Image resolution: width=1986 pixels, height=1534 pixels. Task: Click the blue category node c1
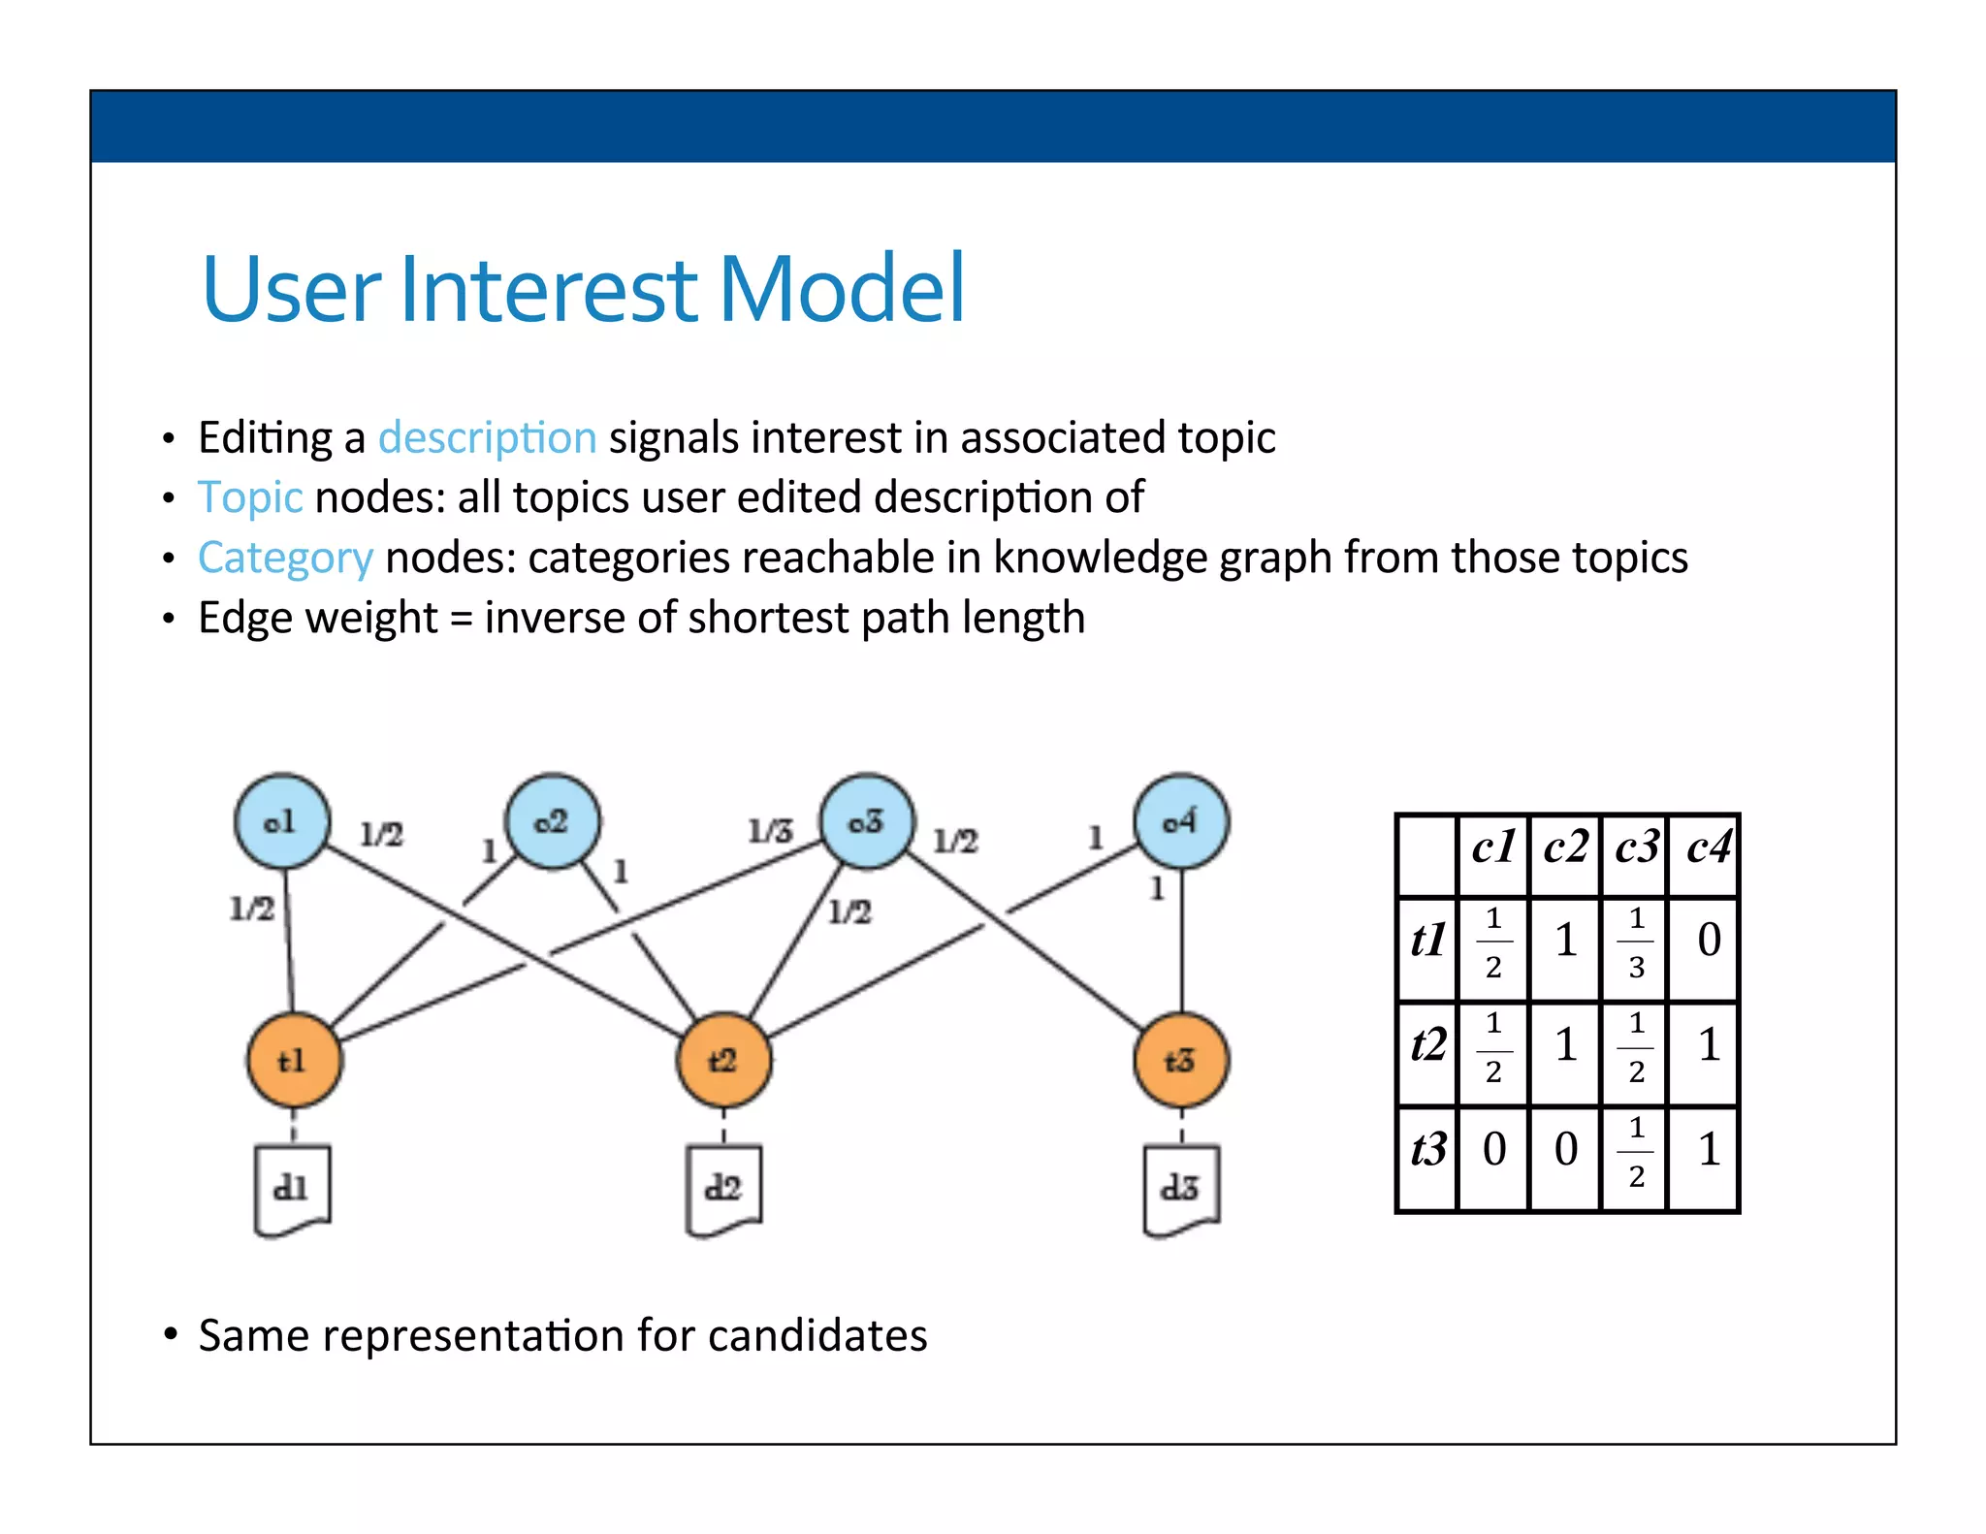point(282,821)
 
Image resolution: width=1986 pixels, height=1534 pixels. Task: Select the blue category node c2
point(553,821)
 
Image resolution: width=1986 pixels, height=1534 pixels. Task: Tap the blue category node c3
point(867,821)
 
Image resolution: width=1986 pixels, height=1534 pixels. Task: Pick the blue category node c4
point(1181,821)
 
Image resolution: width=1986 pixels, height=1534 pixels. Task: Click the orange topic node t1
point(294,1060)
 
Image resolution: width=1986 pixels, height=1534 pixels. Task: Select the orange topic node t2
point(723,1060)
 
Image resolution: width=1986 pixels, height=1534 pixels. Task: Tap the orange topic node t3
point(1180,1060)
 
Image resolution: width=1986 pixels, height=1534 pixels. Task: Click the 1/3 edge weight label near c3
point(770,831)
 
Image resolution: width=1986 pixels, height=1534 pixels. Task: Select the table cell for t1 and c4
point(1708,940)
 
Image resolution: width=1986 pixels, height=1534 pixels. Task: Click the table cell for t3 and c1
point(1493,1150)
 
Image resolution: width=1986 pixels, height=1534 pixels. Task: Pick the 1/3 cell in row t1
point(1636,942)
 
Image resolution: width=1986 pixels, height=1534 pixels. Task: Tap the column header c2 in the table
point(1565,848)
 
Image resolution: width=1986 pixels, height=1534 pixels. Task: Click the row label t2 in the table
point(1427,1045)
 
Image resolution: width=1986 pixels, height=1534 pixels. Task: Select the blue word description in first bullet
point(487,437)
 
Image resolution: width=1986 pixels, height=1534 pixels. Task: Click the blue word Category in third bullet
point(285,558)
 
